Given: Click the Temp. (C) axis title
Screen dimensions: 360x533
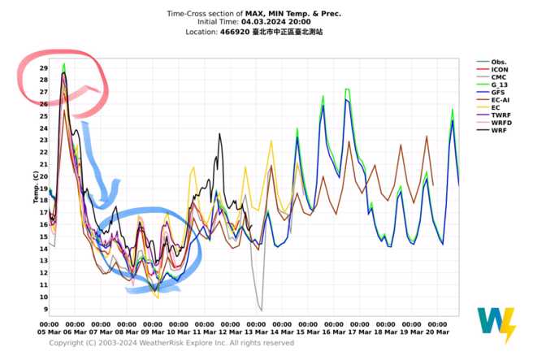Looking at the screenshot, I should (34, 188).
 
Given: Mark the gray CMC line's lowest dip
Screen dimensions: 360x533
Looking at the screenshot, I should (261, 310).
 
